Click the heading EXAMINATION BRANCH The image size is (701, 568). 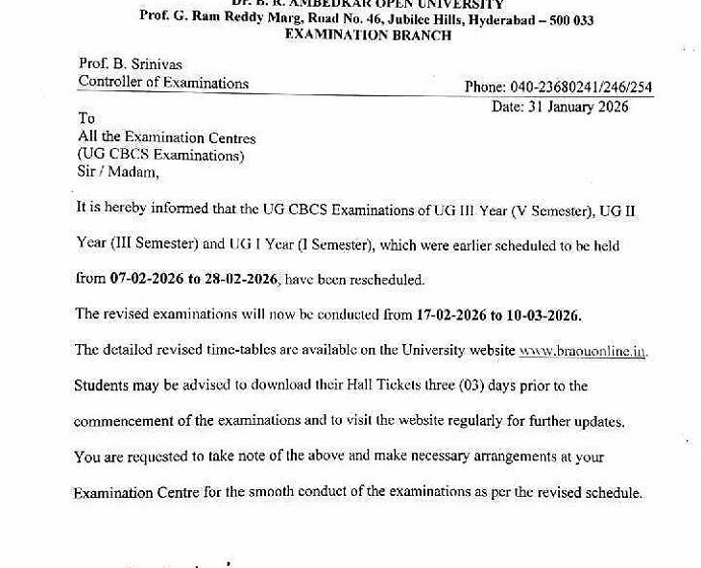pyautogui.click(x=368, y=35)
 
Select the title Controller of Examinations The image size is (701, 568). pyautogui.click(x=163, y=83)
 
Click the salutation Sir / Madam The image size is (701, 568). pyautogui.click(x=118, y=172)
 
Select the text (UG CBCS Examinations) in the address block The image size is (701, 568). pyautogui.click(x=160, y=155)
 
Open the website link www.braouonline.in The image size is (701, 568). pyautogui.click(x=582, y=351)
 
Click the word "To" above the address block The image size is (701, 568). pyautogui.click(x=86, y=119)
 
